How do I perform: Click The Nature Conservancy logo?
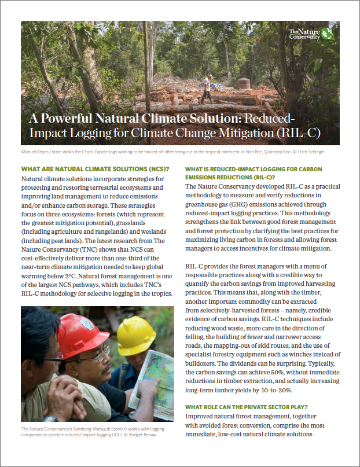[310, 33]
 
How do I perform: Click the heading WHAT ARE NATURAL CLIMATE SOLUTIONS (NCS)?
[95, 169]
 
